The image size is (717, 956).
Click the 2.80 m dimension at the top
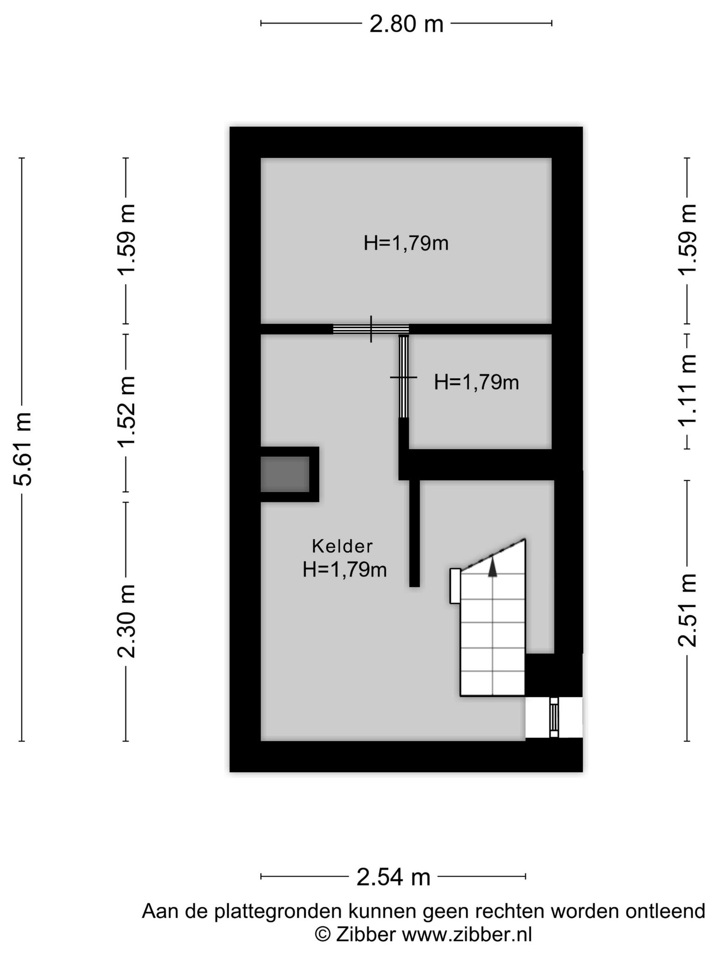pos(406,24)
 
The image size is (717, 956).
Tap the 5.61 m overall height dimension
pos(22,449)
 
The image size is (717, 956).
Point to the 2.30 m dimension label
pos(126,621)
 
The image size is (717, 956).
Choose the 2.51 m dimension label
pos(687,610)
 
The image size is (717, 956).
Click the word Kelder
pos(342,546)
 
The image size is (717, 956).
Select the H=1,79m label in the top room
pos(406,243)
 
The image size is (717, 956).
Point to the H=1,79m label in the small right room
pos(476,382)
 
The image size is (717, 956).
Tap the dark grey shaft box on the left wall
pos(285,474)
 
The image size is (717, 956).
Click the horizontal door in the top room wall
pos(371,329)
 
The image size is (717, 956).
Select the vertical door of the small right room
pos(403,376)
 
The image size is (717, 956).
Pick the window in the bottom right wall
pos(554,717)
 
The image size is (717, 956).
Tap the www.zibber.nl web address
pos(467,935)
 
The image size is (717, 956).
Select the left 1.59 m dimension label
pos(126,240)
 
